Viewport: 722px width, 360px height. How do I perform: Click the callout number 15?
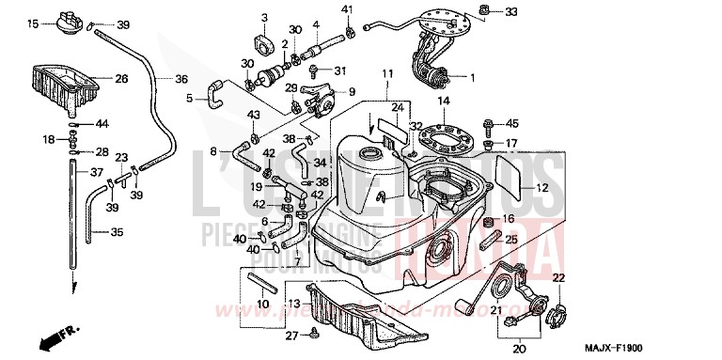pyautogui.click(x=33, y=23)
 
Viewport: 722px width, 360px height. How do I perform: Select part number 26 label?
pyautogui.click(x=121, y=79)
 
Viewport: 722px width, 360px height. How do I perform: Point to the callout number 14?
pyautogui.click(x=444, y=102)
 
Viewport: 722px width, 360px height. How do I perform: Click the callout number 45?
pyautogui.click(x=512, y=123)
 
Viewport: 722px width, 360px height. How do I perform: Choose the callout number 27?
pyautogui.click(x=292, y=336)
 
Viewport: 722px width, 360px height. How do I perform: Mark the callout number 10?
pyautogui.click(x=262, y=305)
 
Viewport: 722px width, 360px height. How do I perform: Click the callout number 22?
pyautogui.click(x=557, y=277)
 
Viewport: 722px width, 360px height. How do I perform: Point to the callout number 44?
pyautogui.click(x=102, y=124)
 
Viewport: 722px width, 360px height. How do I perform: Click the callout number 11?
pyautogui.click(x=385, y=73)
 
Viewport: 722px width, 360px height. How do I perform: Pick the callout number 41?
pyautogui.click(x=347, y=9)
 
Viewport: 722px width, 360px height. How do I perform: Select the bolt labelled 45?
pyautogui.click(x=488, y=125)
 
